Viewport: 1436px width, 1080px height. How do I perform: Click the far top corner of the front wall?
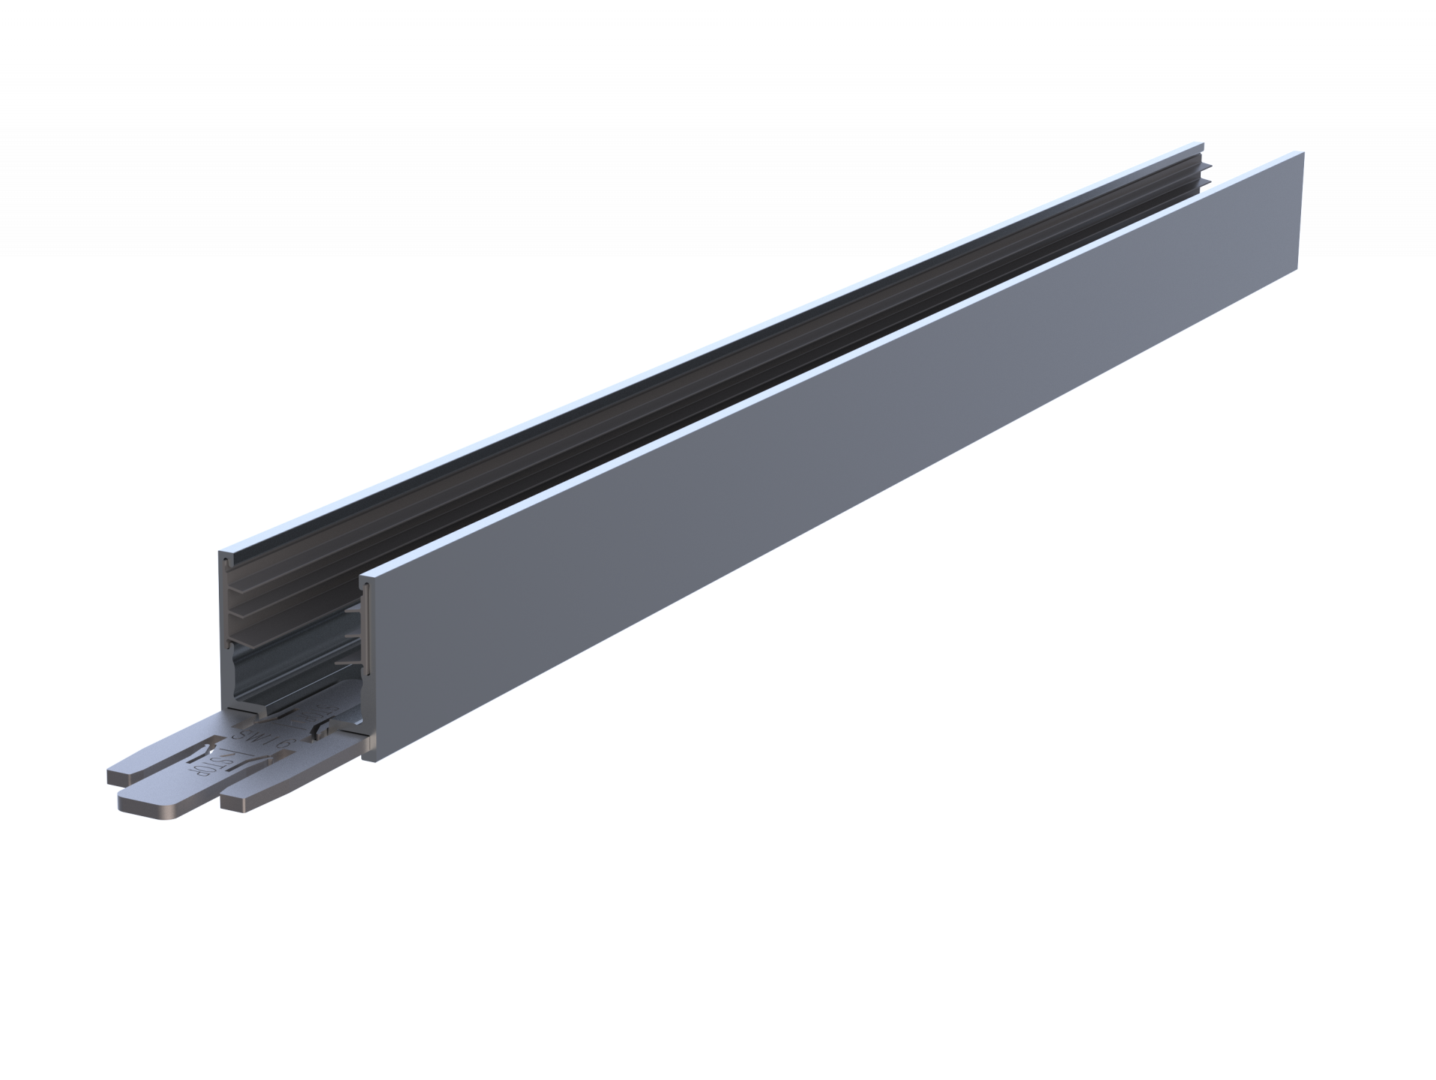pos(1303,152)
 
